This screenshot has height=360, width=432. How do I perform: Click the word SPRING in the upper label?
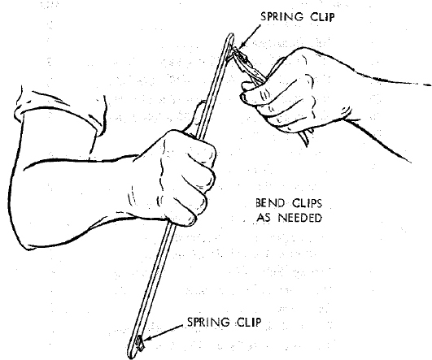(281, 17)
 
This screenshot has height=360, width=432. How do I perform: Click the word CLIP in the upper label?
(322, 17)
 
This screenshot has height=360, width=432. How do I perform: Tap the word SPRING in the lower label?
(208, 322)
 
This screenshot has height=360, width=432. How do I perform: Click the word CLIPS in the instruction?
(307, 203)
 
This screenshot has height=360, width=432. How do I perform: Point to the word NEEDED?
(300, 218)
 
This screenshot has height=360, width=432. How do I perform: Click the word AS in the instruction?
(264, 218)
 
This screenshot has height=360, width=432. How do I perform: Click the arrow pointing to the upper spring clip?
(250, 37)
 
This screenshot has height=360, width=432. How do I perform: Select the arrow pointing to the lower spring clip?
(164, 332)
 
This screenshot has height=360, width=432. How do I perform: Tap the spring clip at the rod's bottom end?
(139, 344)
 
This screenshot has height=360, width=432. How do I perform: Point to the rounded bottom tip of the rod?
(131, 356)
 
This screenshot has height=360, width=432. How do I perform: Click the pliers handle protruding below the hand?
(307, 137)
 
